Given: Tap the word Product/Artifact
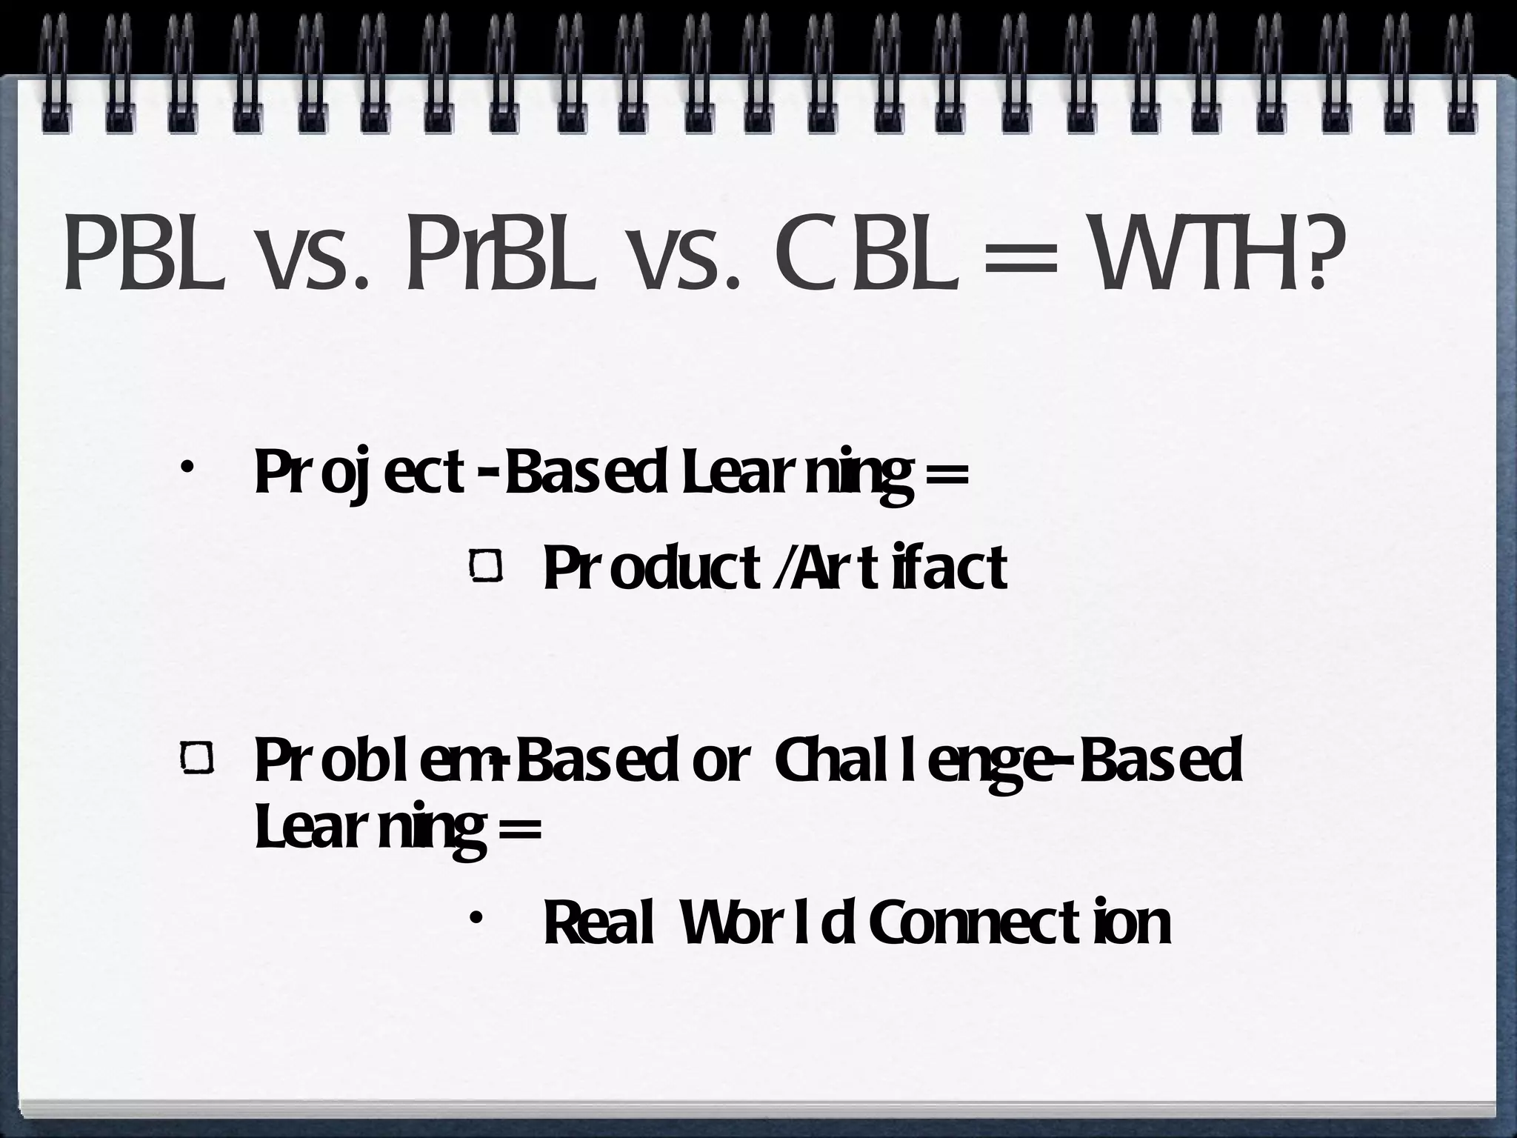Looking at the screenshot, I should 775,567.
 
